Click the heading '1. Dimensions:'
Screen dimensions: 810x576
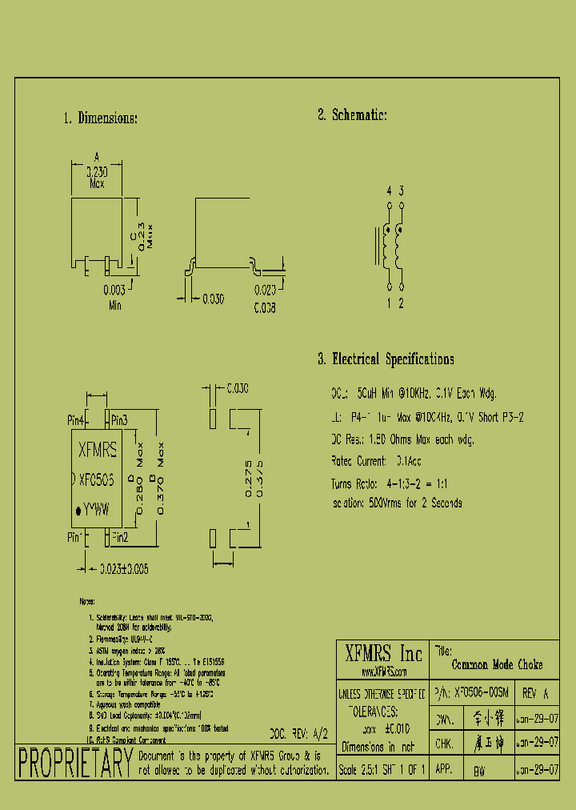100,118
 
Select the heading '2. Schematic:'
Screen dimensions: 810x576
352,115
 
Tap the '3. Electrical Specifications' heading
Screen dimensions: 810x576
386,359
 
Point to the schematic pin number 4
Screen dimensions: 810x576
389,190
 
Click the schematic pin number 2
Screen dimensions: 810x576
402,303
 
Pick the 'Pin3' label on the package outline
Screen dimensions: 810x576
119,420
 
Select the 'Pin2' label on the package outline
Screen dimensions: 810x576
119,536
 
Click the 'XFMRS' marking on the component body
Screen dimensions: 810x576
98,451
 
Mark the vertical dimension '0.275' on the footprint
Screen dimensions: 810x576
248,479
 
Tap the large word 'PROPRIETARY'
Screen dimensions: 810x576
74,763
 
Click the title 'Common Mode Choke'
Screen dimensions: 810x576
497,664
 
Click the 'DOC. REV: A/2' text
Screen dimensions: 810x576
299,732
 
